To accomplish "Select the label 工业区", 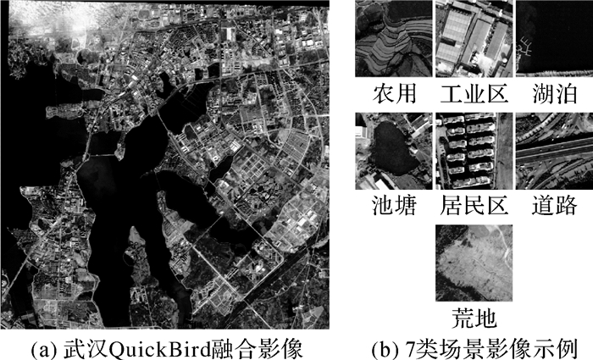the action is pos(472,92).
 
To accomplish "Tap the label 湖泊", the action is pos(553,92).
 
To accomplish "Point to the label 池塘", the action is pos(392,205).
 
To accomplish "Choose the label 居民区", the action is pos(472,205).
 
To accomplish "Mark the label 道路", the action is pos(553,205).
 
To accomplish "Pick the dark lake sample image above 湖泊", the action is pos(553,39).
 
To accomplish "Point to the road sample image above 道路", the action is pos(553,152).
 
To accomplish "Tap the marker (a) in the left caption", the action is pos(42,348).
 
